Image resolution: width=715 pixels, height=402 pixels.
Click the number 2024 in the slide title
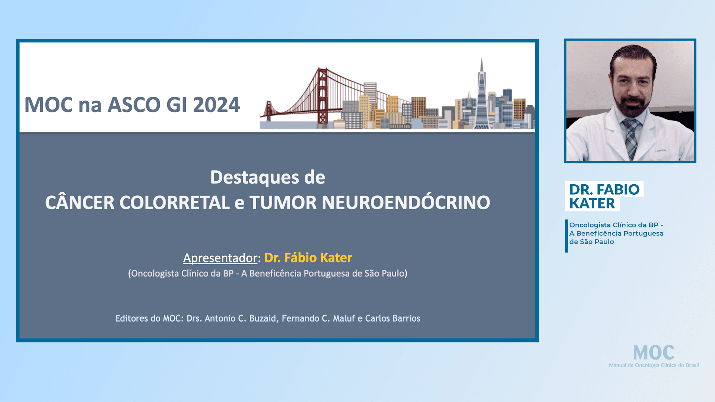click(216, 105)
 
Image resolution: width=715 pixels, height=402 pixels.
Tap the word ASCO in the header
click(134, 105)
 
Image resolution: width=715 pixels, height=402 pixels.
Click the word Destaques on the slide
click(254, 178)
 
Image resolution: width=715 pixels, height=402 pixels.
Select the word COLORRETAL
click(174, 203)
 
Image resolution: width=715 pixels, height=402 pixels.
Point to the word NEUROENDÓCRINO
click(406, 203)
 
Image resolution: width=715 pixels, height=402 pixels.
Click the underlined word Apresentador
click(220, 258)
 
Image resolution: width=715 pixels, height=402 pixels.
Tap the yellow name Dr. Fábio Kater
click(308, 258)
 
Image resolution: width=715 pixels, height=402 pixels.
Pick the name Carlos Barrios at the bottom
click(393, 319)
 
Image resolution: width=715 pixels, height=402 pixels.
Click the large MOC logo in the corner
click(654, 352)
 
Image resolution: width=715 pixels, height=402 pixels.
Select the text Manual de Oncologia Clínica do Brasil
click(654, 366)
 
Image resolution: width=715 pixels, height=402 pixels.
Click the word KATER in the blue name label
click(592, 204)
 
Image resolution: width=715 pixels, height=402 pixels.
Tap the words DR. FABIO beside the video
click(604, 189)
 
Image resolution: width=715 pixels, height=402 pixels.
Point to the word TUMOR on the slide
click(283, 203)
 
